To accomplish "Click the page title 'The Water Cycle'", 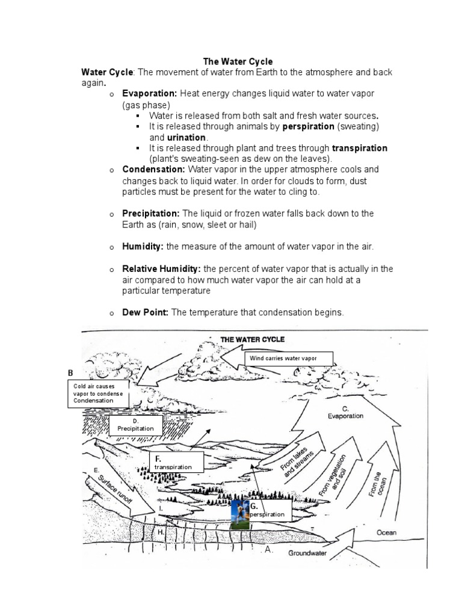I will (x=238, y=61).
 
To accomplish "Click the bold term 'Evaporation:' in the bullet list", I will (x=149, y=94).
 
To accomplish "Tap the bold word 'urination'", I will (x=186, y=137).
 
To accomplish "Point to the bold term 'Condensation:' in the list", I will (x=153, y=170).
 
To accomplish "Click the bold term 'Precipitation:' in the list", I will (x=151, y=214).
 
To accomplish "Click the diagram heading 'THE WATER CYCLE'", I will (x=253, y=339).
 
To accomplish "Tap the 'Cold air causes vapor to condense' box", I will (x=99, y=393).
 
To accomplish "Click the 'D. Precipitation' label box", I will (x=135, y=425).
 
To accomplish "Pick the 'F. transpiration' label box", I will (x=177, y=462).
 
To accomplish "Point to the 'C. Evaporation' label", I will (x=345, y=412).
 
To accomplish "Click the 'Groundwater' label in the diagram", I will (x=307, y=553).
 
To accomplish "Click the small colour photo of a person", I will (x=239, y=513).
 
